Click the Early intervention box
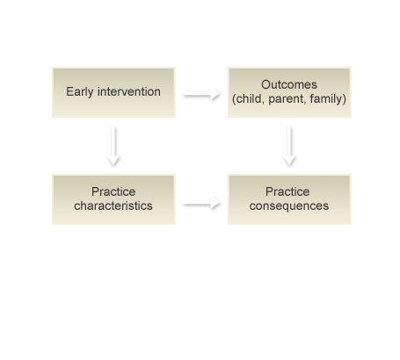point(113,92)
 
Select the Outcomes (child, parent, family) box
point(289,92)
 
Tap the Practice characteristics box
point(113,199)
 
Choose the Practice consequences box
point(289,199)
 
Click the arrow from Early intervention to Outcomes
point(201,94)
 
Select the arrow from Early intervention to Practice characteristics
point(113,146)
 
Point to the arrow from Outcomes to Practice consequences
point(289,146)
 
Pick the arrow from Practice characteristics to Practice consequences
point(201,203)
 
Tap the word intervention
point(129,91)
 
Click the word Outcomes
point(289,84)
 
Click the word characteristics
point(113,205)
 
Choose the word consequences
point(289,206)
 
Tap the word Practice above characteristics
point(113,191)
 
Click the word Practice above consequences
point(287,191)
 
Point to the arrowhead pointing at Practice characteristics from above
point(113,161)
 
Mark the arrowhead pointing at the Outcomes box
point(215,94)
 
